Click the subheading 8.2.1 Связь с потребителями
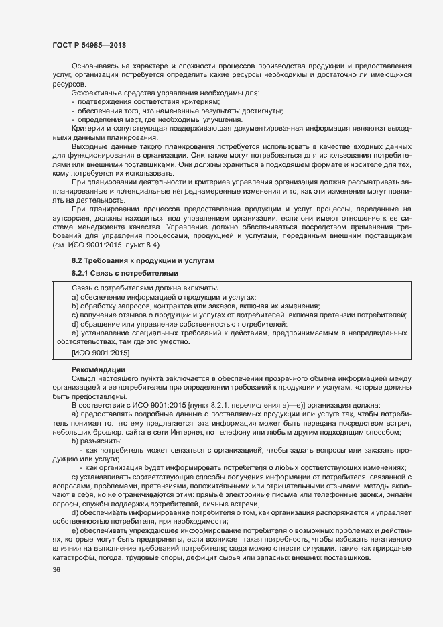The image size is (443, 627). click(x=117, y=273)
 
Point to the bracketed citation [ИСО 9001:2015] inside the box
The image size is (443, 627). click(x=101, y=352)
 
